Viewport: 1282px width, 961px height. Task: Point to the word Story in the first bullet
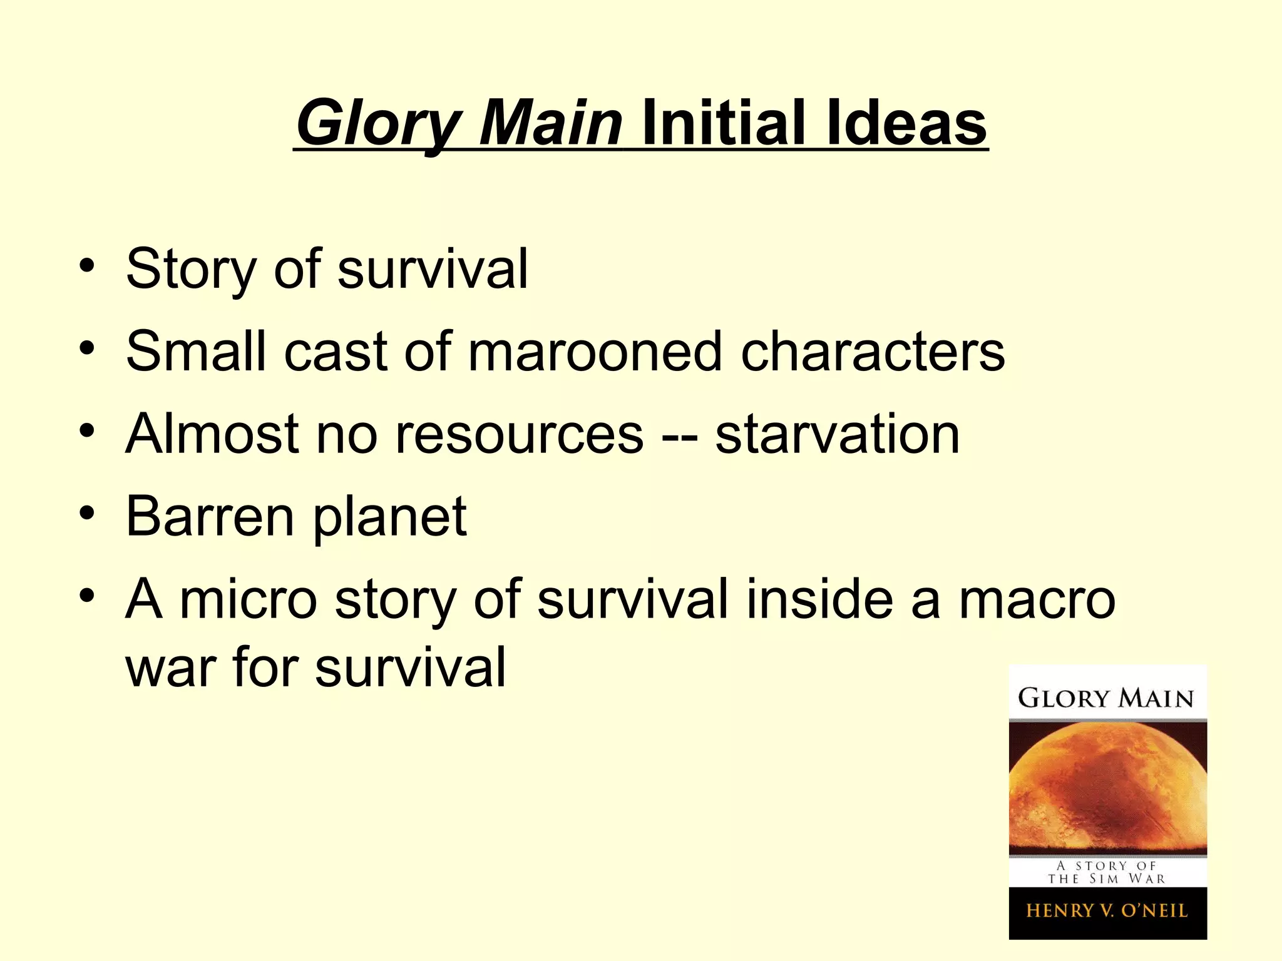[x=192, y=269]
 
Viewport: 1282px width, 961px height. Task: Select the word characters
[x=873, y=352]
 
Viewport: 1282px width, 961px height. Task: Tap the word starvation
[x=838, y=434]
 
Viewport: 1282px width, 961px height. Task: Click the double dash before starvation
[x=679, y=435]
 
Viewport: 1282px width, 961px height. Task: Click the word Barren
[x=210, y=517]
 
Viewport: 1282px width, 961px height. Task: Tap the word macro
[x=1037, y=599]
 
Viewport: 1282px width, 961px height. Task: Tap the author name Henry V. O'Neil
[x=1107, y=910]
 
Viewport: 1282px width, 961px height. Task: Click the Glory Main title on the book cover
[x=1106, y=698]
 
